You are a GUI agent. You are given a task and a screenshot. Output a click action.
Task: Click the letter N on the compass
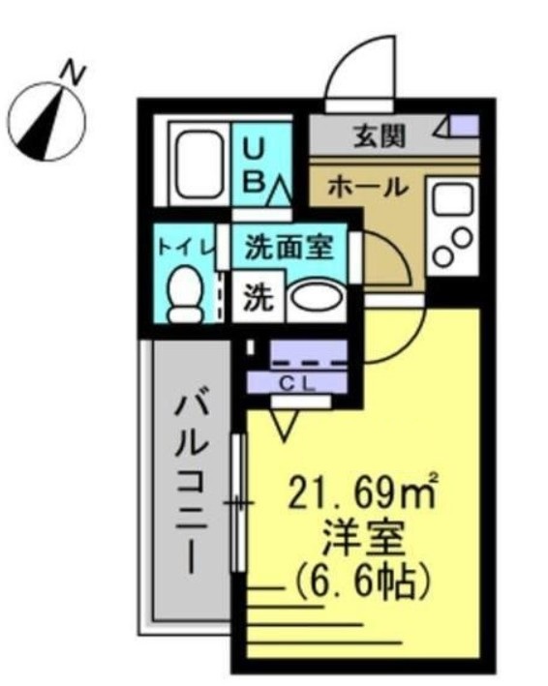(x=72, y=71)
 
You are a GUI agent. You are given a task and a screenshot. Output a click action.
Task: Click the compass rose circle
(x=46, y=122)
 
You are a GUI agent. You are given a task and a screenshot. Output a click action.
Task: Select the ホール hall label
(x=366, y=187)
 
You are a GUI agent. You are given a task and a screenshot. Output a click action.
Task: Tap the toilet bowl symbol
(x=184, y=293)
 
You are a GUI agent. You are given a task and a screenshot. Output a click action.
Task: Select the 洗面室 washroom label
(x=288, y=248)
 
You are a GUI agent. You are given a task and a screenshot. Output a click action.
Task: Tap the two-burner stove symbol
(x=450, y=247)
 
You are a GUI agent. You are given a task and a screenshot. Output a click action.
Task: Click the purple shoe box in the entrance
(x=464, y=126)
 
